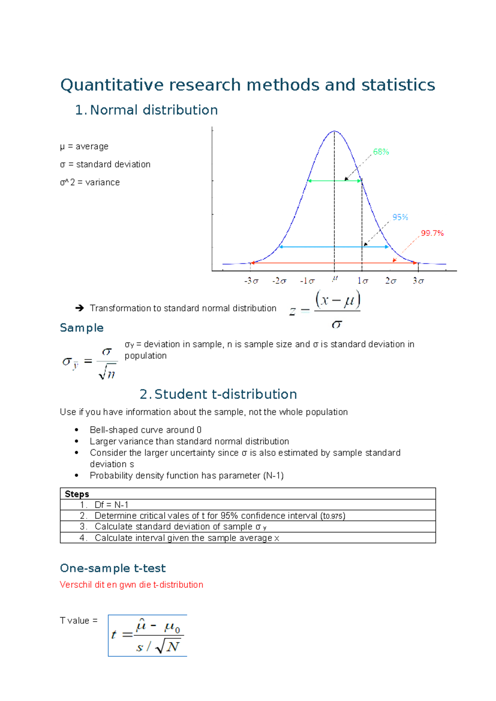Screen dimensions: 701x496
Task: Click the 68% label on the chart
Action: [381, 152]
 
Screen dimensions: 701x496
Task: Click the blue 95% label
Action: [400, 217]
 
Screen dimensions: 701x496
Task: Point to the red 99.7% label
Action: [432, 233]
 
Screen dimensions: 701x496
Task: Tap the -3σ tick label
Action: [251, 281]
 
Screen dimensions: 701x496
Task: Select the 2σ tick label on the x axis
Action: [391, 281]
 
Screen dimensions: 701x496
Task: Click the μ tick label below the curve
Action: [335, 279]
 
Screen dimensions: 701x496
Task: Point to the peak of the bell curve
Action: [334, 132]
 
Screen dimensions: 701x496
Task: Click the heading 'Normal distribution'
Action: [154, 110]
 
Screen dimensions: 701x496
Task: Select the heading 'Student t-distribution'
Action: [225, 394]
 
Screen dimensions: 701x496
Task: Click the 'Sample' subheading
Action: [81, 328]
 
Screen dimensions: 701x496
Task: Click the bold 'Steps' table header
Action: [77, 494]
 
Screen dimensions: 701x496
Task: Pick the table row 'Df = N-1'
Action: [111, 505]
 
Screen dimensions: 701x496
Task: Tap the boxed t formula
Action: [148, 636]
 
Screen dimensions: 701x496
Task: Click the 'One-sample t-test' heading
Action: [113, 568]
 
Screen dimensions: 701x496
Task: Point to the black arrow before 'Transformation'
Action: [80, 308]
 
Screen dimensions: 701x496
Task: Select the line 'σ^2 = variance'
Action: [90, 182]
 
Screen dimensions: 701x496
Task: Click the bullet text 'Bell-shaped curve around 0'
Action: [145, 430]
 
